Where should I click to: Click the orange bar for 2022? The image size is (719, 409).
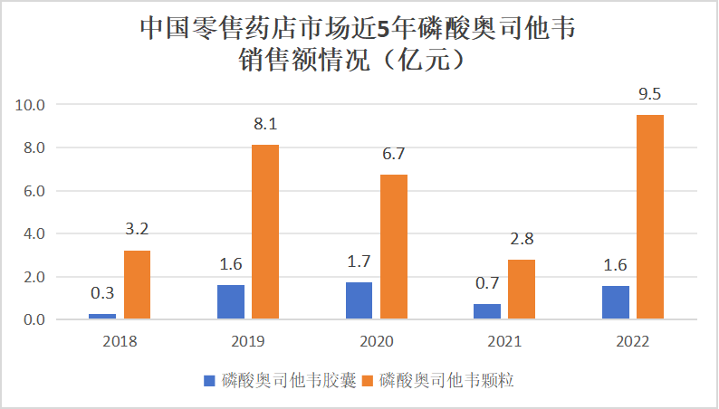(x=650, y=217)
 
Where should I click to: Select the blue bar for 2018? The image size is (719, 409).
(x=102, y=316)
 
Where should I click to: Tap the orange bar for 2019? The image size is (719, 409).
(x=265, y=233)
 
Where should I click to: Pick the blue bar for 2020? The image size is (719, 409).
(x=359, y=301)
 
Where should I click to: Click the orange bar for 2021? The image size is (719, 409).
(x=522, y=290)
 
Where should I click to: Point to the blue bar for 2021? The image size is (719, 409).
(x=487, y=311)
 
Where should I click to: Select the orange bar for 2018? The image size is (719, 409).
(x=137, y=285)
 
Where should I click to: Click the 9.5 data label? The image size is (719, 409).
(x=650, y=94)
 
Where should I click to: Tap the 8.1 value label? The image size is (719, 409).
(x=265, y=124)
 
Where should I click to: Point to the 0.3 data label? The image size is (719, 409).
(x=102, y=293)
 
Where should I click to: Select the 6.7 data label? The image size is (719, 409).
(x=394, y=155)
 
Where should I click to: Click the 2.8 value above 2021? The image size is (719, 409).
(x=522, y=239)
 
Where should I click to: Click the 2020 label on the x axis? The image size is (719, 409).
(x=377, y=343)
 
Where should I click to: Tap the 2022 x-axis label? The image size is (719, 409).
(x=633, y=343)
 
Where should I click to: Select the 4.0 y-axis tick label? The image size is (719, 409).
(x=34, y=233)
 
